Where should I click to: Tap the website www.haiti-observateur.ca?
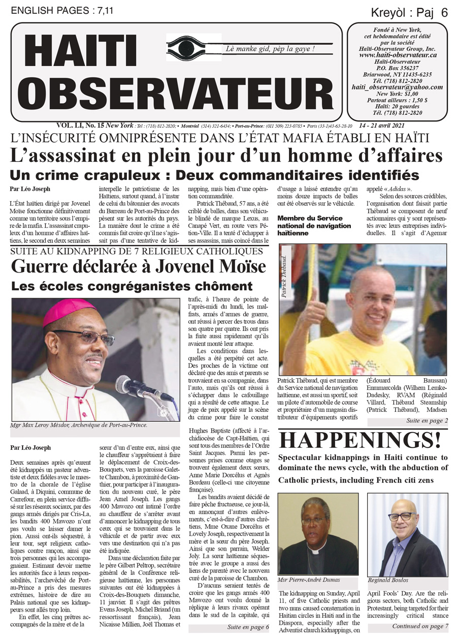click(398, 55)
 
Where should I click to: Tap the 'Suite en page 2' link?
click(427, 421)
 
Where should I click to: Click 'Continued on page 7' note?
click(420, 626)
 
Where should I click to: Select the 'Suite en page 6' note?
click(248, 627)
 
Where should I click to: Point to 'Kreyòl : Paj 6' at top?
click(416, 14)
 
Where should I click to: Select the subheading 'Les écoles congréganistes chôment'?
click(132, 286)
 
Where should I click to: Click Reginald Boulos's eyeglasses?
click(401, 516)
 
